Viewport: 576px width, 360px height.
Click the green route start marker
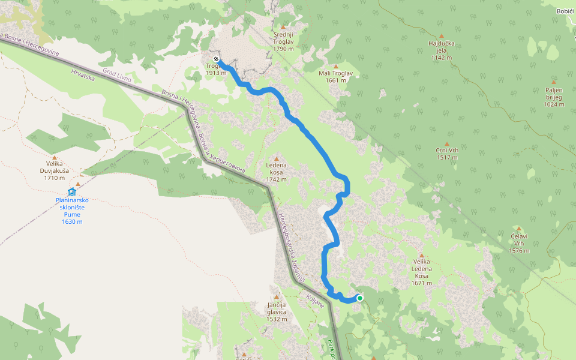click(x=360, y=298)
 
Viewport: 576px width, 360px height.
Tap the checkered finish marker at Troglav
click(x=216, y=59)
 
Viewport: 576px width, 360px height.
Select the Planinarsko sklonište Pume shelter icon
click(x=71, y=192)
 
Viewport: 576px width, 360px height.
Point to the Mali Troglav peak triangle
click(x=335, y=66)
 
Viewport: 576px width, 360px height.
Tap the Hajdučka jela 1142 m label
click(x=441, y=51)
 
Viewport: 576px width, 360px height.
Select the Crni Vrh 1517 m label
click(x=447, y=154)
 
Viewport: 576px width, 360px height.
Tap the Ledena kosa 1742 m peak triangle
click(x=277, y=158)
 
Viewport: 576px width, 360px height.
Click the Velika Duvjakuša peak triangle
click(x=55, y=155)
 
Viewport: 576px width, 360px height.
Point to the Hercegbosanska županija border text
click(x=292, y=246)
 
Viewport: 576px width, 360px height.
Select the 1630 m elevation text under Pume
click(x=72, y=221)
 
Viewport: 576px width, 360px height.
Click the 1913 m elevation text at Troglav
click(x=216, y=73)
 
